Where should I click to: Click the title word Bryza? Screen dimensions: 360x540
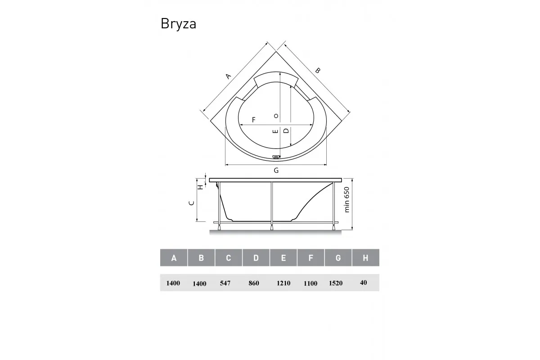[178, 24]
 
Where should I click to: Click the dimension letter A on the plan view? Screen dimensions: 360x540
[228, 76]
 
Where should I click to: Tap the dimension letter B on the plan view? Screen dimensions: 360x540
[318, 71]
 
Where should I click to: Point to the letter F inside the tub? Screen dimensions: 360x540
[254, 120]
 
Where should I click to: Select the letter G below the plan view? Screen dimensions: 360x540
[276, 170]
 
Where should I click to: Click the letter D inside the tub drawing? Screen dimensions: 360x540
[285, 131]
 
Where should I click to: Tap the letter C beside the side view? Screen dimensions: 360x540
[191, 203]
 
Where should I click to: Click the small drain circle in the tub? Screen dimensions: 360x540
[276, 116]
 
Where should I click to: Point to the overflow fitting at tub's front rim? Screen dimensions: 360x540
[276, 157]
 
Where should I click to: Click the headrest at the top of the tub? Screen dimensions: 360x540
[276, 79]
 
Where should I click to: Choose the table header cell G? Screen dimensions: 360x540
[338, 258]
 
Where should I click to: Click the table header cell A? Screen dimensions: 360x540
[174, 258]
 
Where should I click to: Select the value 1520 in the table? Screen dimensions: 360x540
[335, 283]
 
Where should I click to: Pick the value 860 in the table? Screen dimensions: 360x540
[254, 283]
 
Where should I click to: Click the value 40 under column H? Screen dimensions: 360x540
[364, 283]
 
